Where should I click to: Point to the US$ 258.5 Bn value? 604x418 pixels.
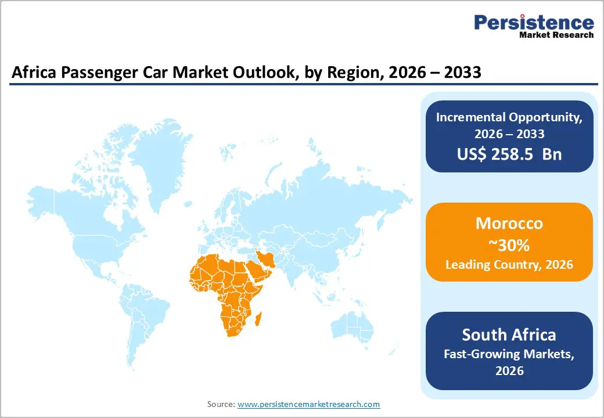[x=509, y=154]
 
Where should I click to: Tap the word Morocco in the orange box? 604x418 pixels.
[x=509, y=224]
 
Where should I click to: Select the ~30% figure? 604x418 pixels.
[x=509, y=245]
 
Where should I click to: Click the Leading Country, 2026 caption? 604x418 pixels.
[x=509, y=265]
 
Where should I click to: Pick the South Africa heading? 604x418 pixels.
[x=509, y=335]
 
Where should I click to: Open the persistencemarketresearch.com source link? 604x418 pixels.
[x=308, y=404]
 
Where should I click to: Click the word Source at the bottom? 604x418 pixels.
[x=221, y=404]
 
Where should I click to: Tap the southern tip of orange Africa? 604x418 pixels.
[x=233, y=333]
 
